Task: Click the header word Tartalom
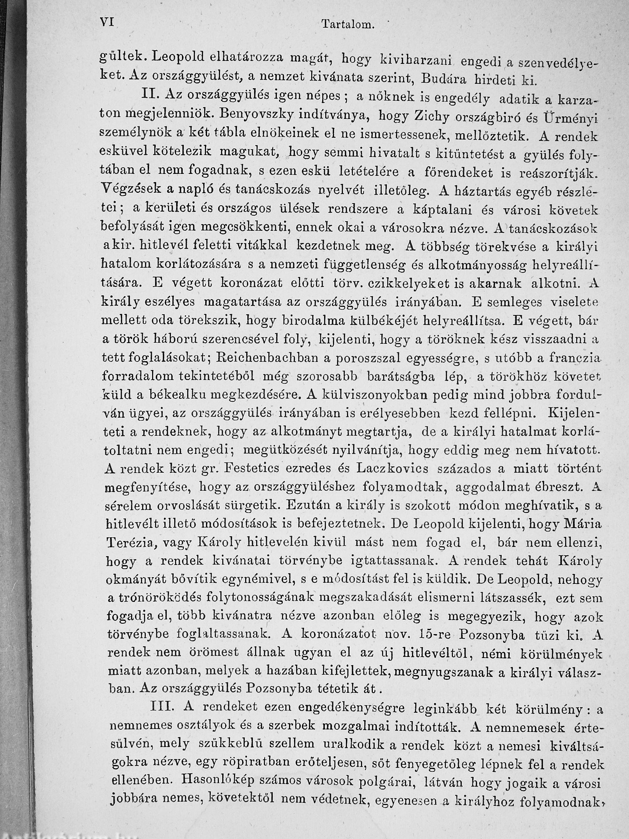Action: pos(348,25)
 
